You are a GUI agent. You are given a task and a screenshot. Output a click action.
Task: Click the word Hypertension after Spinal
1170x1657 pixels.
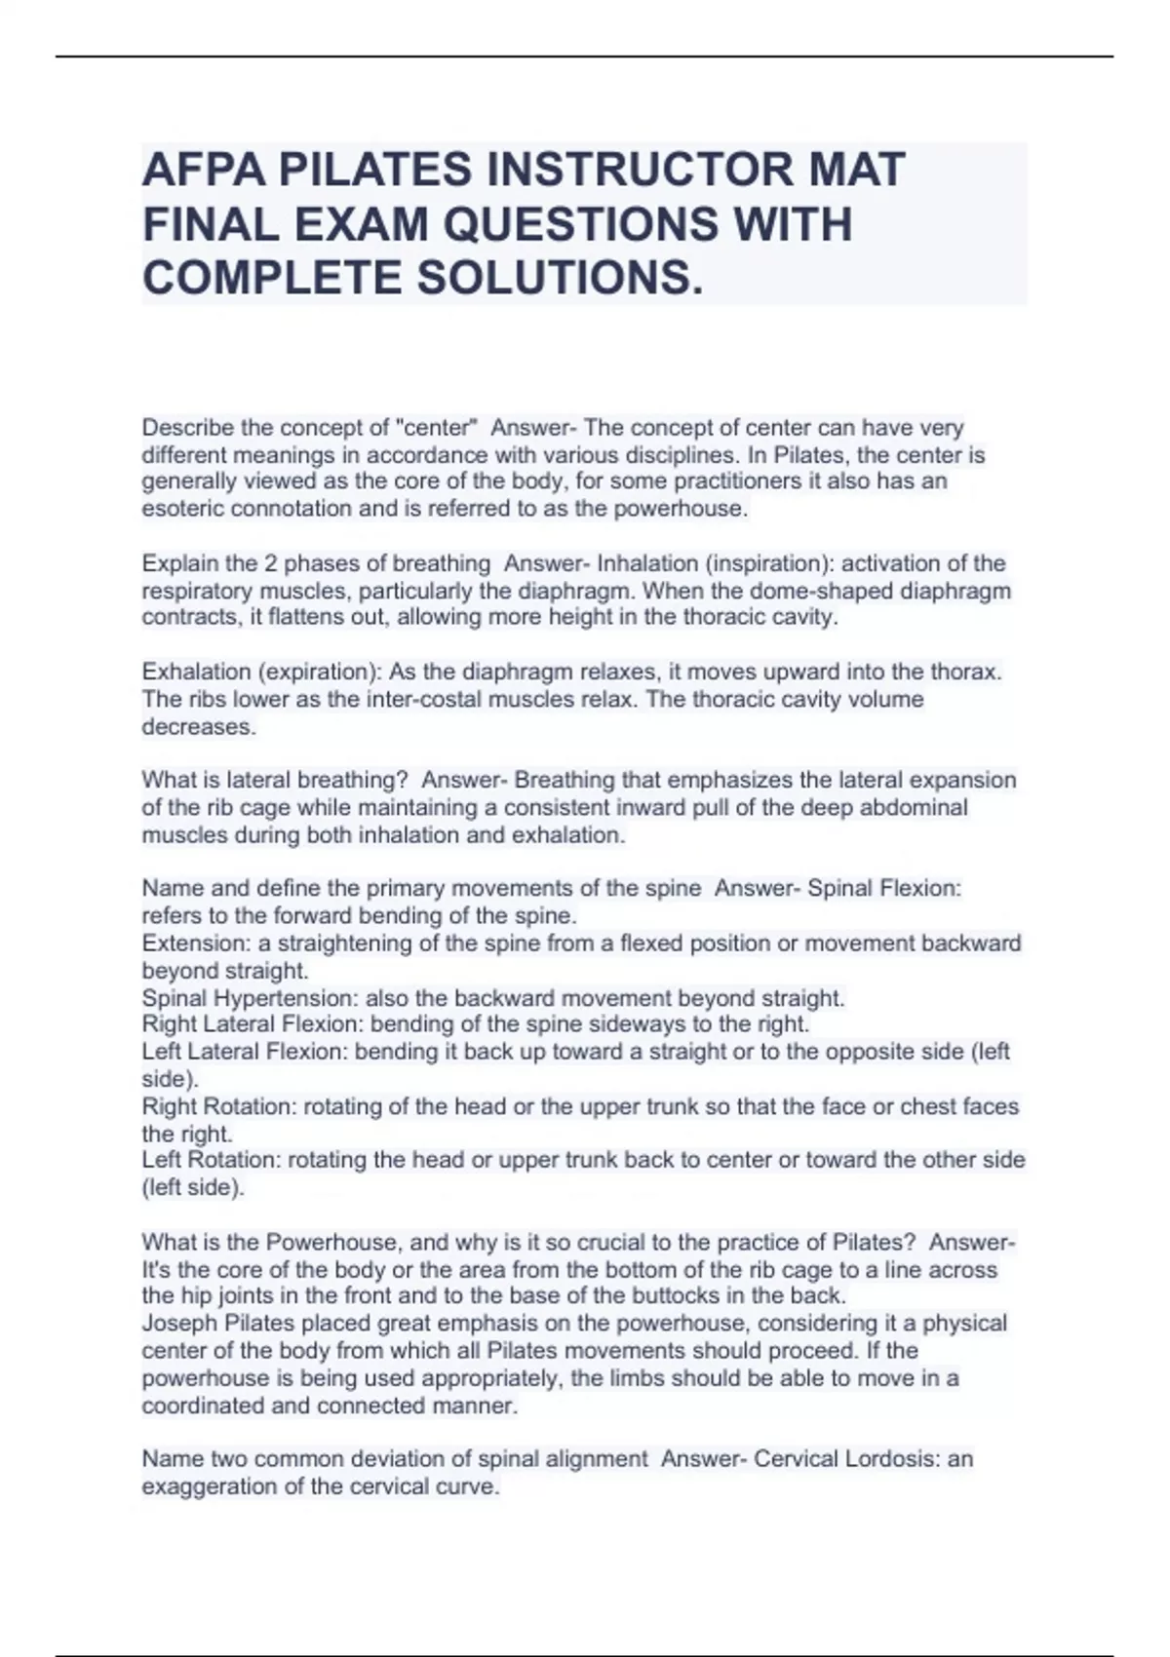click(x=285, y=998)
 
